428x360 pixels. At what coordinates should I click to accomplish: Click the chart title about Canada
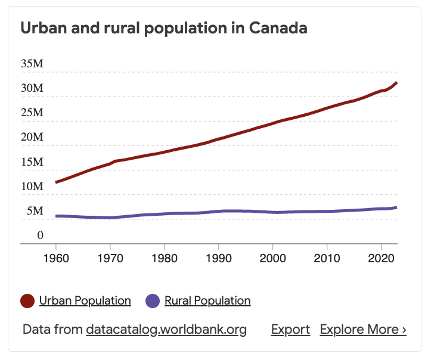(x=164, y=28)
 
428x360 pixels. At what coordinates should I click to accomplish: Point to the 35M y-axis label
(x=32, y=64)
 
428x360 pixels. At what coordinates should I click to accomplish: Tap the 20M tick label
(x=32, y=137)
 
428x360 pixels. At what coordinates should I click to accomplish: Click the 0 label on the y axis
(x=40, y=235)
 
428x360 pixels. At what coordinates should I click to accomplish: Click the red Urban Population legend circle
(x=27, y=301)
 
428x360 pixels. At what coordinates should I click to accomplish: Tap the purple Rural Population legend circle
(x=153, y=301)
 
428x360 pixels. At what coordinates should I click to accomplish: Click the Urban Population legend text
(x=85, y=301)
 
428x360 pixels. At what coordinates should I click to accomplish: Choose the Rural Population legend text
(x=207, y=301)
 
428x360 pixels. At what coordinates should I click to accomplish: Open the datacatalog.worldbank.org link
(x=166, y=330)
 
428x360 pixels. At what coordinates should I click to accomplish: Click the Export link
(x=290, y=330)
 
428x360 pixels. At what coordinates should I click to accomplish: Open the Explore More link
(x=363, y=330)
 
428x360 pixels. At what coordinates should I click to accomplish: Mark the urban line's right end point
(x=397, y=82)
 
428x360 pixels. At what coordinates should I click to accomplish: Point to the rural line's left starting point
(x=56, y=216)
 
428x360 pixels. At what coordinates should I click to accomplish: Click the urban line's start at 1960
(x=56, y=182)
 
